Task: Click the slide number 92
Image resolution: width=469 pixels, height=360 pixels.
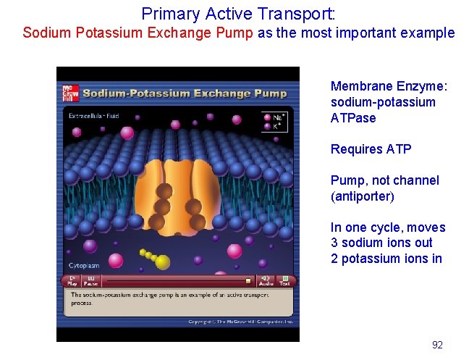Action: click(x=437, y=345)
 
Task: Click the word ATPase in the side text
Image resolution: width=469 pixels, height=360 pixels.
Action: click(x=353, y=118)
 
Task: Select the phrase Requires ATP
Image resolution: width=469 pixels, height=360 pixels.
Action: click(x=371, y=149)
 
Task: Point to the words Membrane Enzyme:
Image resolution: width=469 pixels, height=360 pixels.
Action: click(x=389, y=86)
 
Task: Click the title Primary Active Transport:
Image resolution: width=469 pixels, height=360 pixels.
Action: click(x=238, y=13)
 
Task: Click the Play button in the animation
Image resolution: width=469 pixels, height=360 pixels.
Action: click(x=72, y=280)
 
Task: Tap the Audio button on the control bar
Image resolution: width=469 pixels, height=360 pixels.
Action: click(x=266, y=280)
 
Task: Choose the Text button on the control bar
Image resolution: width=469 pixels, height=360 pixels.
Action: click(x=285, y=280)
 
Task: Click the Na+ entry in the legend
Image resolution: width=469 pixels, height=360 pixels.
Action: click(x=274, y=117)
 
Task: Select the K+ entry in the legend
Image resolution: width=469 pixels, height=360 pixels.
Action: click(x=274, y=126)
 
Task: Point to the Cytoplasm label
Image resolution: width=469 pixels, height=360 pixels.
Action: click(x=83, y=265)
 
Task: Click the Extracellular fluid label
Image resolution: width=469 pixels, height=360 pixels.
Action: click(x=95, y=116)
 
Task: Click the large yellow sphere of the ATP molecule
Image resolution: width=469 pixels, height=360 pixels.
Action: click(x=163, y=261)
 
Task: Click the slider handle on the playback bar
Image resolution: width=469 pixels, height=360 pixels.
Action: click(x=248, y=281)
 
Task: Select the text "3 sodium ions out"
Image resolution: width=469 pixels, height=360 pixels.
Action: click(x=381, y=243)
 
